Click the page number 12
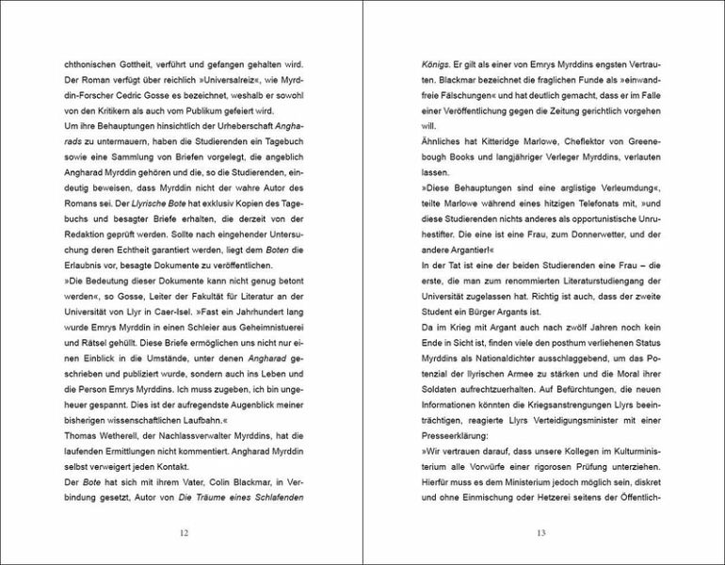click(x=185, y=534)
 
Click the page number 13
click(x=540, y=534)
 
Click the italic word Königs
click(x=436, y=65)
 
